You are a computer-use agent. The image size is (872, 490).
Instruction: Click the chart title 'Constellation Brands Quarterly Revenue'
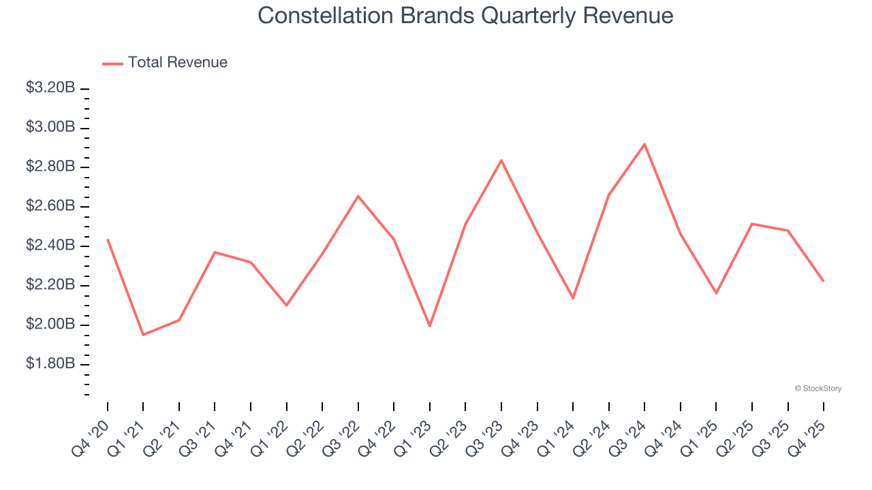465,16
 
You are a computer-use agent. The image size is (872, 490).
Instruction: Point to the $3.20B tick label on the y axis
50,88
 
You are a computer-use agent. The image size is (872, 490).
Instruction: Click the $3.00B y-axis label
50,127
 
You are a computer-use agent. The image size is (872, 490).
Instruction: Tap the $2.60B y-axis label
50,206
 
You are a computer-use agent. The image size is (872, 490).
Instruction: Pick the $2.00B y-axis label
50,324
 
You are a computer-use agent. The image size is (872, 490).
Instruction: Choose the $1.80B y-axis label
50,363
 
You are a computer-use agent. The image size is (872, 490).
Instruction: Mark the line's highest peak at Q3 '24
644,144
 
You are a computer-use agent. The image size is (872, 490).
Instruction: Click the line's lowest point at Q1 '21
143,334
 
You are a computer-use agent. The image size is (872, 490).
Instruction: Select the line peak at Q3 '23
501,161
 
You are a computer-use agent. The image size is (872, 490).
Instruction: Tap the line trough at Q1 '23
430,326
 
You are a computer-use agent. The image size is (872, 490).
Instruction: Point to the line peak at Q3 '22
358,196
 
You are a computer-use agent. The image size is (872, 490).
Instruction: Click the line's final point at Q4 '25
823,280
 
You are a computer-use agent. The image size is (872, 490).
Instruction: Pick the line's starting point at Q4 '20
108,240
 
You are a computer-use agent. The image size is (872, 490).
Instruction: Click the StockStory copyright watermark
817,389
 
